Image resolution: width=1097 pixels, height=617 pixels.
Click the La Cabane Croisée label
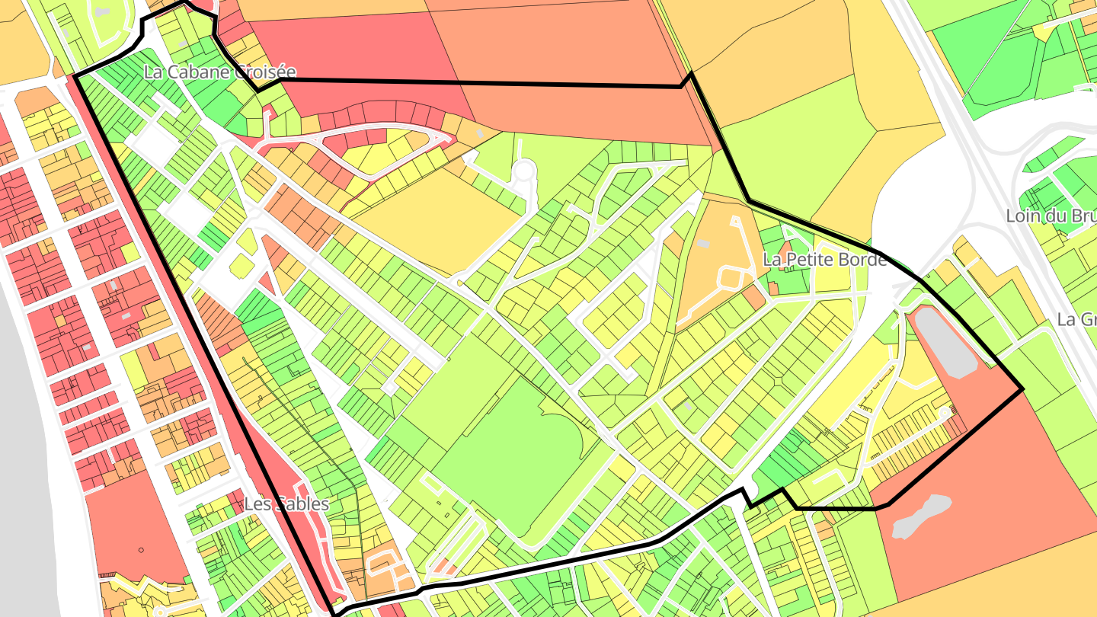point(219,73)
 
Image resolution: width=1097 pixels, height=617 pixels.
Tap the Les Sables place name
point(286,504)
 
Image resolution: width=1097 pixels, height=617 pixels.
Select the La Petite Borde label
point(824,260)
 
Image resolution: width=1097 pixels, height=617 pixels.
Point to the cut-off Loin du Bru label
point(1051,216)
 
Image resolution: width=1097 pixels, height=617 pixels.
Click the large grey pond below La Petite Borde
point(945,343)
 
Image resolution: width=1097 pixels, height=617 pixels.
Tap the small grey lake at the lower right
point(921,516)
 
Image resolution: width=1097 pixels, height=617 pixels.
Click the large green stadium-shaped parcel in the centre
point(518,449)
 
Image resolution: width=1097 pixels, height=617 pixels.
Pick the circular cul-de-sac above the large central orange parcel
point(523,171)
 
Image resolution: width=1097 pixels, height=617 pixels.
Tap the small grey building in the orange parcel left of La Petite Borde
point(702,244)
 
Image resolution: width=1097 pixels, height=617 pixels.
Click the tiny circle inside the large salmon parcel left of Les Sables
point(141,549)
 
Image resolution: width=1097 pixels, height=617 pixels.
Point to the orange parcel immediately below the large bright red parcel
point(579,110)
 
